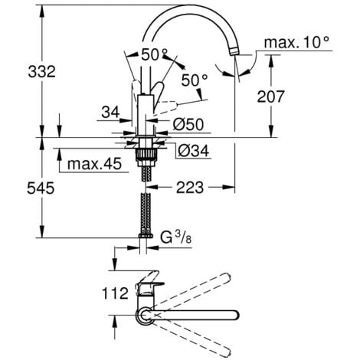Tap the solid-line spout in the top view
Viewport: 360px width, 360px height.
(x=199, y=314)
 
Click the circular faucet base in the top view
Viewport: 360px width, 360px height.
(x=142, y=314)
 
